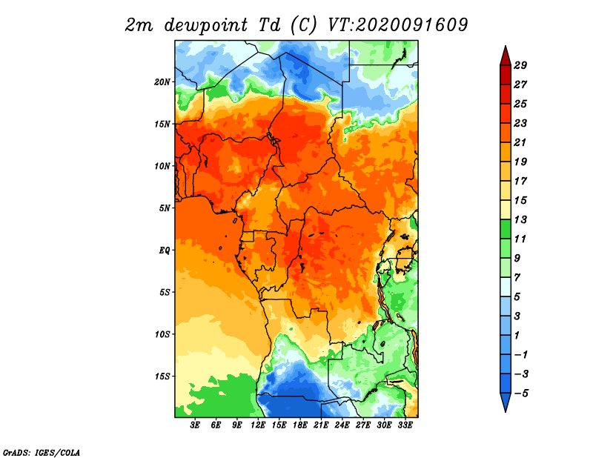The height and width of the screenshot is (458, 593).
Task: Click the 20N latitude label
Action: (162, 82)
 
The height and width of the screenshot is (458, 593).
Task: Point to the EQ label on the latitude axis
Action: (165, 250)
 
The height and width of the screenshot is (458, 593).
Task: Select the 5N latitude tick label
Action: (165, 208)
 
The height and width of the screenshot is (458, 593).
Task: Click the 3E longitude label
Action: (195, 425)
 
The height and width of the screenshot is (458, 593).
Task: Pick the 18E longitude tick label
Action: (300, 425)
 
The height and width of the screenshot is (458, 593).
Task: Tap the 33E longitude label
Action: (405, 425)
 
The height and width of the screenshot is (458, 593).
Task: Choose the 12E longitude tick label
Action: (258, 425)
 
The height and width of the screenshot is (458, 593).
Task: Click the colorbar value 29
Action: (520, 65)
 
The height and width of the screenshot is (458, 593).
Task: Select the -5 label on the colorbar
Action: (521, 394)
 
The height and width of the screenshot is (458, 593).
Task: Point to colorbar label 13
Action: (520, 219)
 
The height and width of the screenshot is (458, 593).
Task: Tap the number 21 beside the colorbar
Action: (520, 142)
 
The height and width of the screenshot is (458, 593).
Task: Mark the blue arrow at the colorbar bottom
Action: (506, 401)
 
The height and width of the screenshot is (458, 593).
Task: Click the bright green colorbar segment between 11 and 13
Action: (506, 229)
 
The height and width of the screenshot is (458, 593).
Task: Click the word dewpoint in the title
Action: (206, 26)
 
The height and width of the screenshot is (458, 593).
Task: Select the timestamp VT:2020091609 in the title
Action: (398, 25)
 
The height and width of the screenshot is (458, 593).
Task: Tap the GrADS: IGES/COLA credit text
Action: (42, 452)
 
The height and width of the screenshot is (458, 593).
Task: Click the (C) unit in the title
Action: (303, 25)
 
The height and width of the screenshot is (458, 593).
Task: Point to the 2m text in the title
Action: (139, 25)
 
